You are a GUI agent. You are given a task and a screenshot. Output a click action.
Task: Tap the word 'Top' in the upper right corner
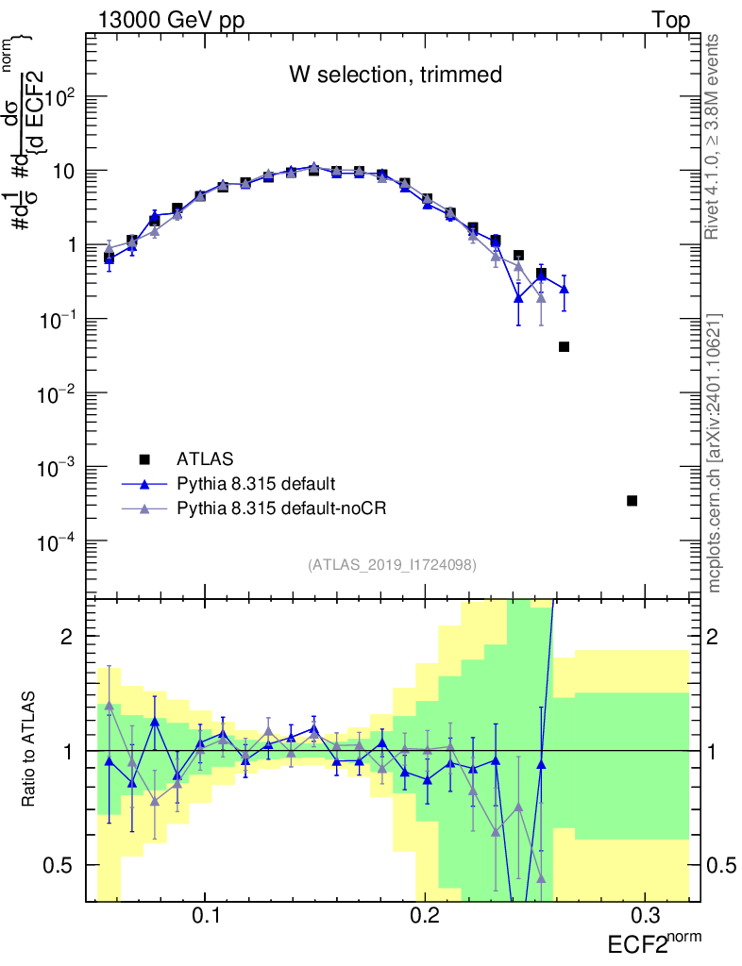(670, 21)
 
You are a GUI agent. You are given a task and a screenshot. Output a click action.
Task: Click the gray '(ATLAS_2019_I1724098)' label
(392, 565)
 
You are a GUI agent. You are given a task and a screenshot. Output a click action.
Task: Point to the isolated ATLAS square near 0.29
(632, 500)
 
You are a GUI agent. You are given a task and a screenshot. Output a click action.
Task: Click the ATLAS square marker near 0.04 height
(564, 346)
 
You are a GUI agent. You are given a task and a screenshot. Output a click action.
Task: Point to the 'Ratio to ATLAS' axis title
(30, 750)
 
